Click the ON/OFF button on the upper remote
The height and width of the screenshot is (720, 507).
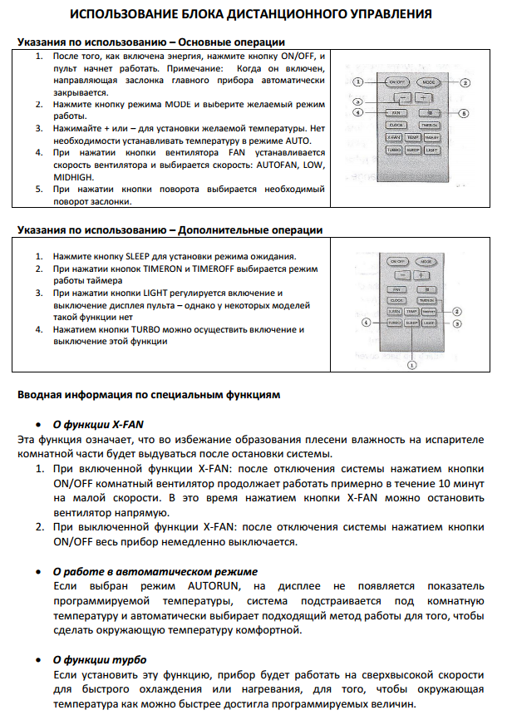pos(396,83)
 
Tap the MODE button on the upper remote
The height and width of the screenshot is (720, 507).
pos(428,83)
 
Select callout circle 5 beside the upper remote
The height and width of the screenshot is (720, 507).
pos(464,112)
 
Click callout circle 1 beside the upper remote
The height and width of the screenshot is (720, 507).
pos(358,82)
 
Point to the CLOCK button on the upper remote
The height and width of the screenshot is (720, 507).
pos(396,123)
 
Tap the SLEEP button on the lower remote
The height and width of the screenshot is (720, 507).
pos(412,322)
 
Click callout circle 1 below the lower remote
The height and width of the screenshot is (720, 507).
pos(411,364)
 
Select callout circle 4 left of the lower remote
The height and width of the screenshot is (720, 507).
pos(364,322)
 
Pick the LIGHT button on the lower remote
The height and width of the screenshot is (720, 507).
pos(429,322)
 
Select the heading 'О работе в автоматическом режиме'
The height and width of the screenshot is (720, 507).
pos(155,571)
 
